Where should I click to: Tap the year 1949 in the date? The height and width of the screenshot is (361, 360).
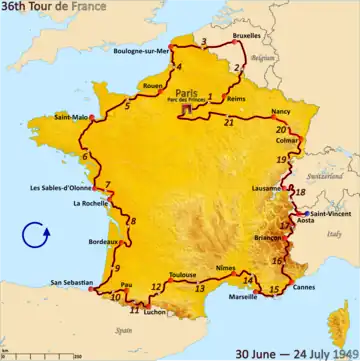[340, 352]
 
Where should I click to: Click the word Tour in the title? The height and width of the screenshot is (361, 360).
[57, 8]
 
